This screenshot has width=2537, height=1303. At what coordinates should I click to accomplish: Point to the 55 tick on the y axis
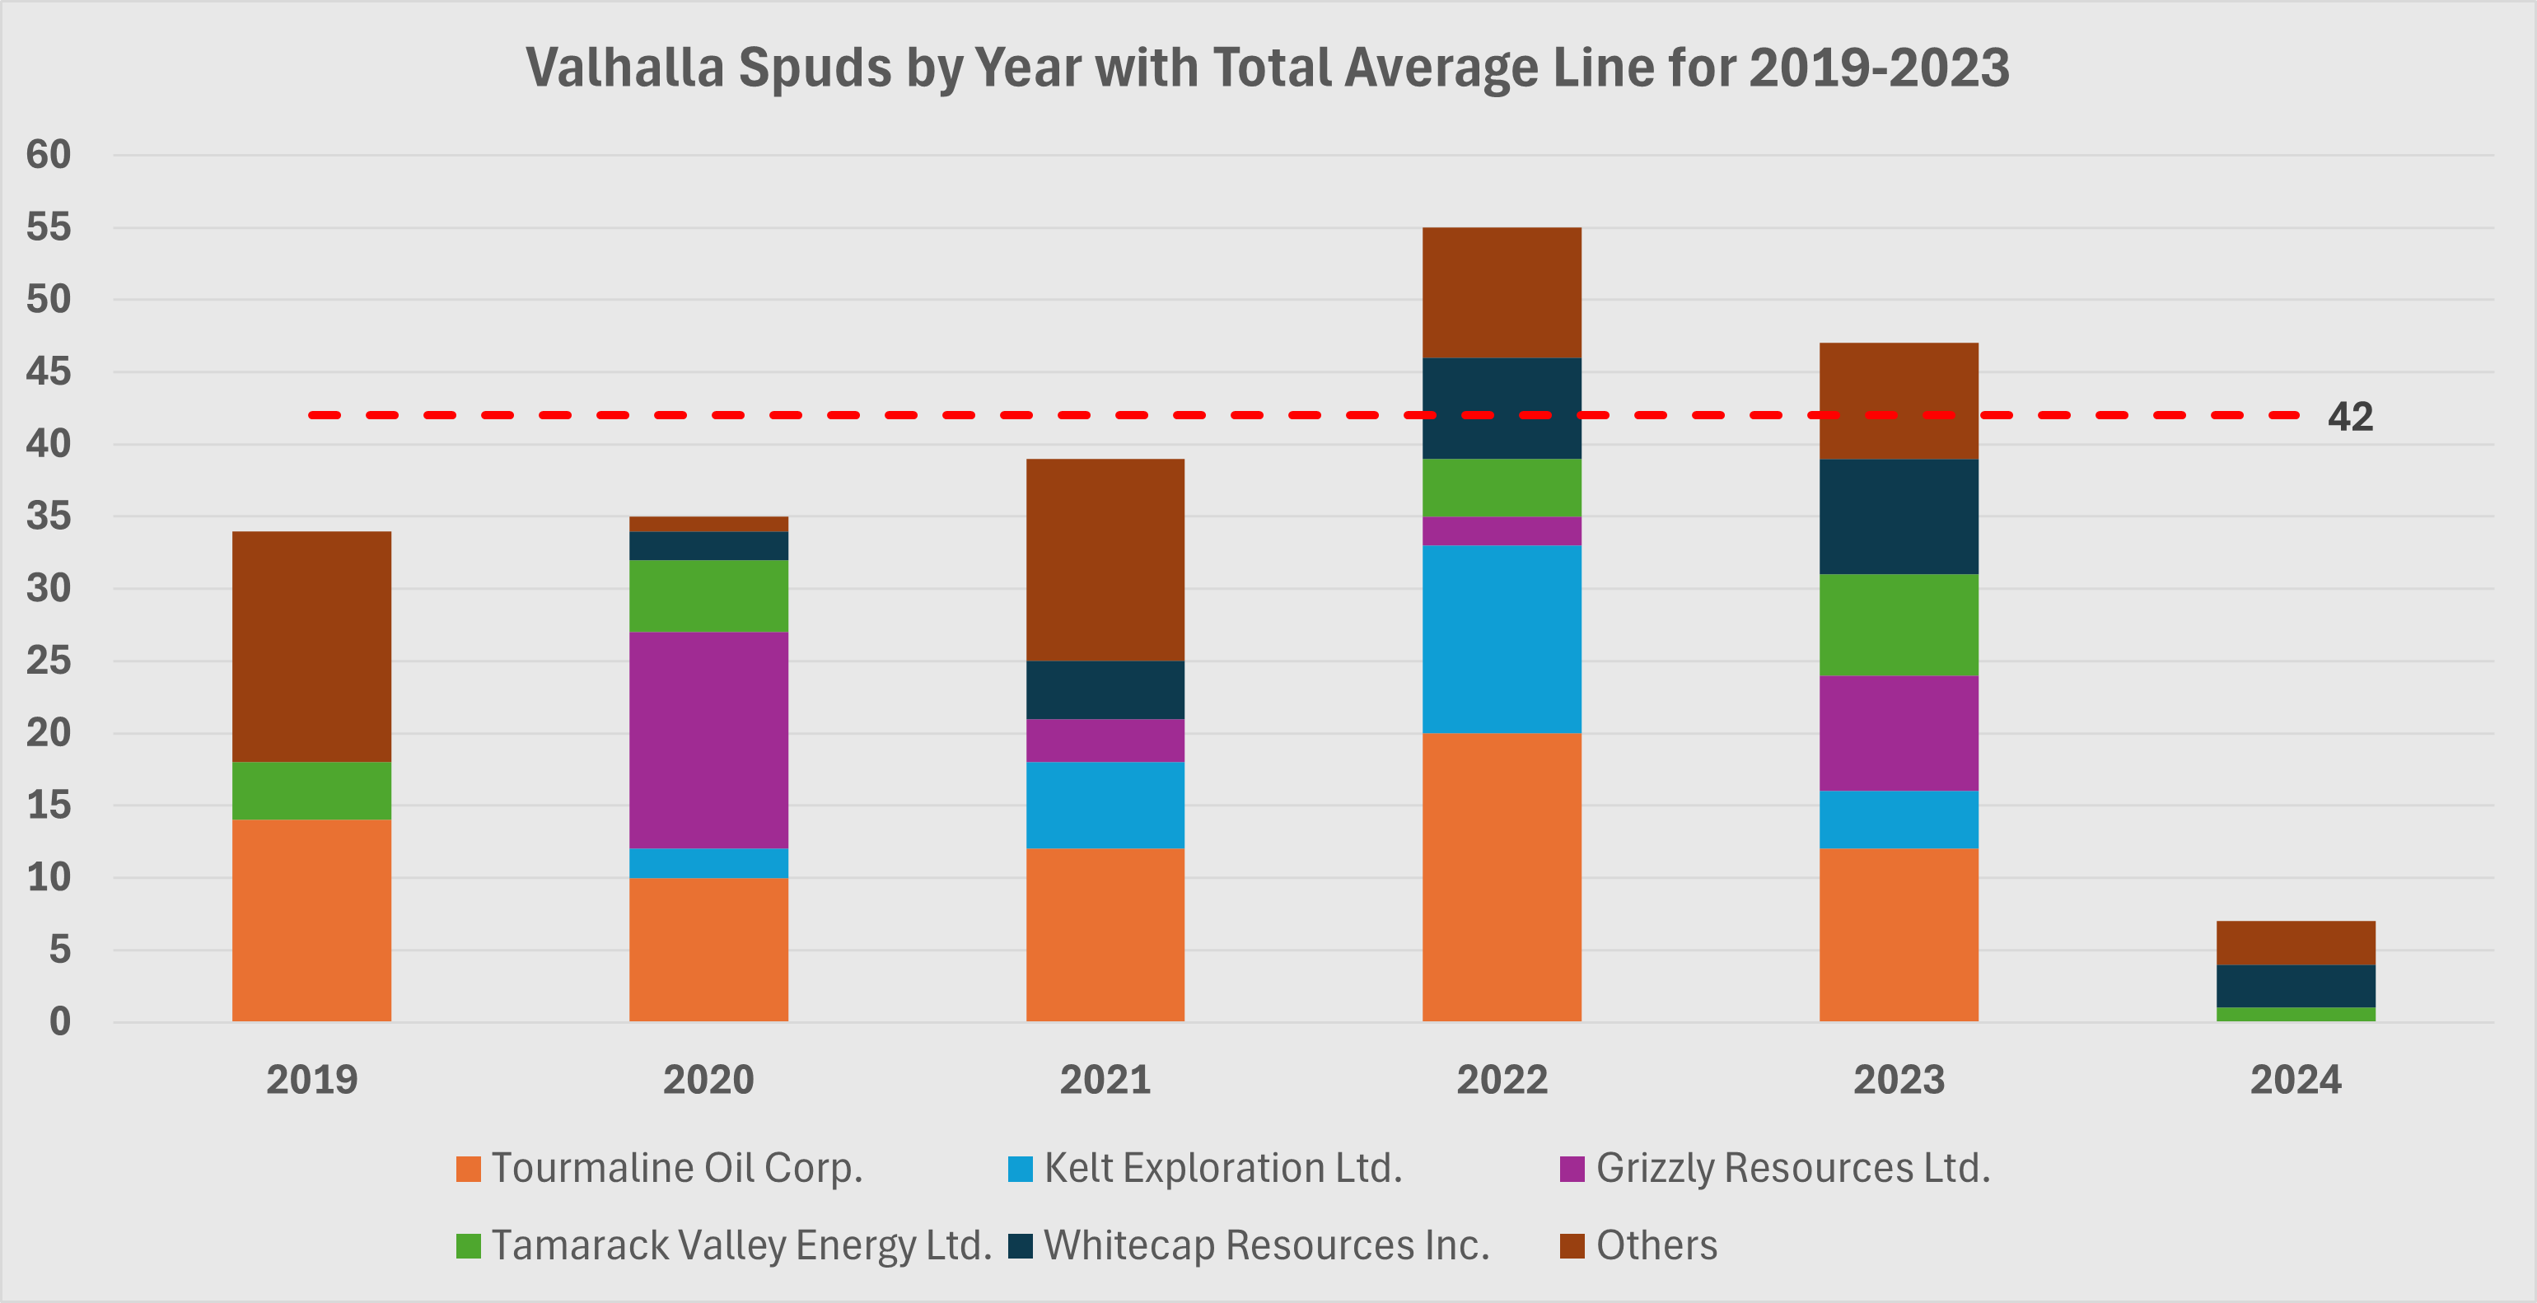(49, 227)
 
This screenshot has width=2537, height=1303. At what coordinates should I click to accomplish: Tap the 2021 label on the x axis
(1105, 1080)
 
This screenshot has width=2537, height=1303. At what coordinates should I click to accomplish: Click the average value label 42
(2350, 417)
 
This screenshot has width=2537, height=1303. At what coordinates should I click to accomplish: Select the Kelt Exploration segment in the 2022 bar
(1502, 638)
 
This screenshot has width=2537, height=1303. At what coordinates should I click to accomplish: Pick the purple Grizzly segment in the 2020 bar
(708, 740)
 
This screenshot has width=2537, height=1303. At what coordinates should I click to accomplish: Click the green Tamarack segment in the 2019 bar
(311, 790)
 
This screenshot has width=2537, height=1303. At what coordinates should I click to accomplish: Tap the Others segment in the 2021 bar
(1105, 559)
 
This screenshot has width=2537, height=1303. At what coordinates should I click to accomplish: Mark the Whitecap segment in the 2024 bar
(2295, 986)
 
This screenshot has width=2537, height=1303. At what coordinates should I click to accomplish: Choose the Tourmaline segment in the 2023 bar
(1898, 934)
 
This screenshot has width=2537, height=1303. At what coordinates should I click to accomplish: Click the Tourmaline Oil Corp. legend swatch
(469, 1169)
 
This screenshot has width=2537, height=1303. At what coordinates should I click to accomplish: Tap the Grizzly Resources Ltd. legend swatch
(1572, 1169)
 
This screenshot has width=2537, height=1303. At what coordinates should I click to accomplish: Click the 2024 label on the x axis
(2295, 1080)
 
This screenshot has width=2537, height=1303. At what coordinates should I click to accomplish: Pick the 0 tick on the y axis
(60, 1021)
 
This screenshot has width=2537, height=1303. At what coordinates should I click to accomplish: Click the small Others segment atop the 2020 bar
(708, 524)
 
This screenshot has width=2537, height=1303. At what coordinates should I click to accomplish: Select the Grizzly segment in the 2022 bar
(1502, 531)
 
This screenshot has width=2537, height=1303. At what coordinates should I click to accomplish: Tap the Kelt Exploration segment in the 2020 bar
(708, 862)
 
